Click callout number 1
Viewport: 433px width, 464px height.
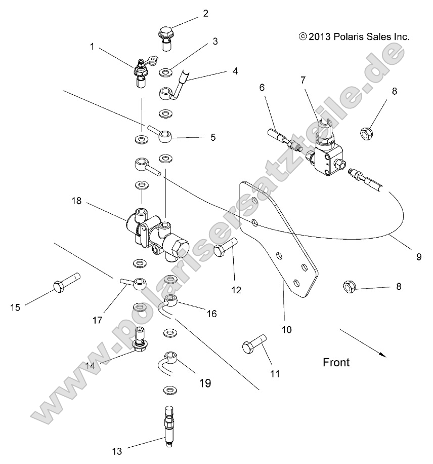[x=92, y=47]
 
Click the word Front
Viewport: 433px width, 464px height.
[x=336, y=362]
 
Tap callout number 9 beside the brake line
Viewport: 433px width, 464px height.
[x=419, y=257]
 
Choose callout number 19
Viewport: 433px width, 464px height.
[x=205, y=383]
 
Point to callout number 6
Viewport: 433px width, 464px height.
[x=262, y=87]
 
